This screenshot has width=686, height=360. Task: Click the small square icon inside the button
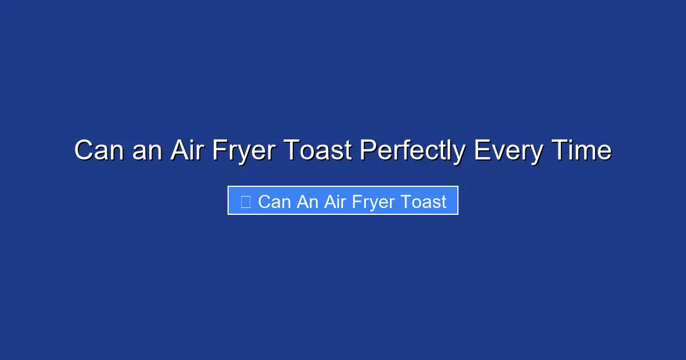pos(246,202)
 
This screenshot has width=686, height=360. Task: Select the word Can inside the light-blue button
pos(274,202)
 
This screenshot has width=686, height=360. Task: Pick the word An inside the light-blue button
pos(308,202)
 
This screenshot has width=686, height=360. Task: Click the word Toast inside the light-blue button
pos(423,202)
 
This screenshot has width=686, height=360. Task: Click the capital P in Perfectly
pos(367,151)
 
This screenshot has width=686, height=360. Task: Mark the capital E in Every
pos(481,151)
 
